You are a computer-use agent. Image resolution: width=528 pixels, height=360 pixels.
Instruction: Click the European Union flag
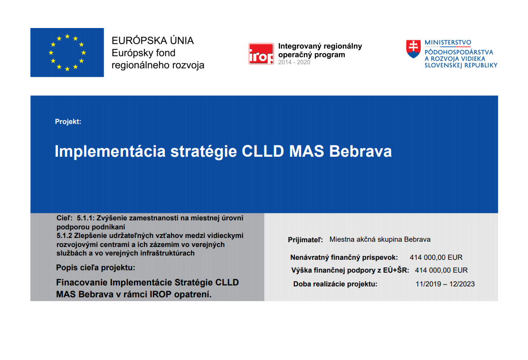click(x=67, y=53)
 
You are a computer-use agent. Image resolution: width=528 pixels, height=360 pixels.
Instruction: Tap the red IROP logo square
click(x=261, y=54)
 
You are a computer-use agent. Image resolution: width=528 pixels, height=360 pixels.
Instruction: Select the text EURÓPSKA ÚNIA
click(x=152, y=41)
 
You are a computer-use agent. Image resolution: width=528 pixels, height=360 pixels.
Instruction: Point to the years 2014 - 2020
click(x=294, y=62)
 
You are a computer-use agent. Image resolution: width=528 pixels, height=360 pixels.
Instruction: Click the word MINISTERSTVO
click(x=448, y=42)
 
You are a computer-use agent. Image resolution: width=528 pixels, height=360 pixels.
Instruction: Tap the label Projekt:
click(x=68, y=122)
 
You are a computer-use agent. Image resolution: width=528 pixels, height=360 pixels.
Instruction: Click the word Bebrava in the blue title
click(x=360, y=151)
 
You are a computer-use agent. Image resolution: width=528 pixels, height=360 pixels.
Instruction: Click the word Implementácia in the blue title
click(x=110, y=152)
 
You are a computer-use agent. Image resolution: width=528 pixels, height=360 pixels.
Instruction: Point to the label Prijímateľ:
click(x=305, y=240)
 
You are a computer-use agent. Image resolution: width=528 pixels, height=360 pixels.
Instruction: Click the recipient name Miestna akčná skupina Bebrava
click(x=380, y=239)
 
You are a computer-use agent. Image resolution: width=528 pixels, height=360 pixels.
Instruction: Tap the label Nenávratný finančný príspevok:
click(x=344, y=257)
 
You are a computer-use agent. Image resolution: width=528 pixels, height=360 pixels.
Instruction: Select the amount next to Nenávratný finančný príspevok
click(x=436, y=257)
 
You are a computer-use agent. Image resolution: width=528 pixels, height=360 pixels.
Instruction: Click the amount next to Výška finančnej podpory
click(x=441, y=270)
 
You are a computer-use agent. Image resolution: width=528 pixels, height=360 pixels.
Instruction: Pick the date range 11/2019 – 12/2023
click(x=445, y=284)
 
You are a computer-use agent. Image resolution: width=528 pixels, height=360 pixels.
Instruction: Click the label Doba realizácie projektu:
click(x=335, y=284)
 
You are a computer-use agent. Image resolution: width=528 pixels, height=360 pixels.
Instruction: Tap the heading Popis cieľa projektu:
click(x=95, y=268)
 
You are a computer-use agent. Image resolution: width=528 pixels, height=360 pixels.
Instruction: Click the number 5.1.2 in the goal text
click(x=64, y=236)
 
